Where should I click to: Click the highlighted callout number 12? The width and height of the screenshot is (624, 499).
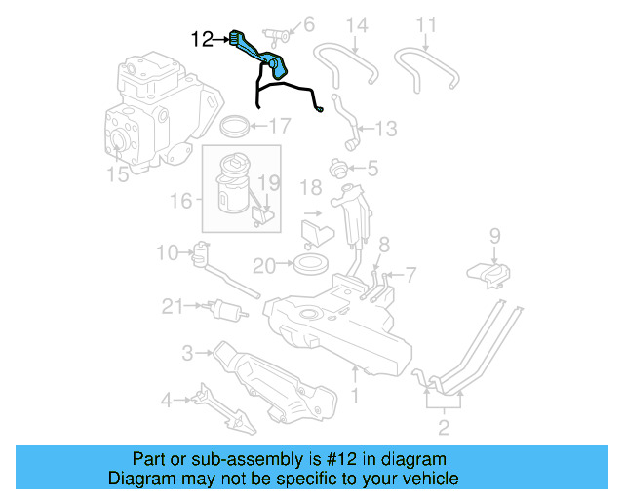tap(202, 39)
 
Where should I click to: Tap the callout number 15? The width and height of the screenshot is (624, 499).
tap(117, 174)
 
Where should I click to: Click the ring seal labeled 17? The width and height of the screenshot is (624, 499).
tap(234, 126)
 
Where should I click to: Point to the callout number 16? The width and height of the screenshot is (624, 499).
tap(179, 200)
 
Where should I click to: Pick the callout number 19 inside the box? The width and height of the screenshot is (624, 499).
tap(268, 182)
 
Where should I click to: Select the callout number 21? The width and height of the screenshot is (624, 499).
tap(173, 307)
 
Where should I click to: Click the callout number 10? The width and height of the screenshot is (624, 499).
tap(168, 253)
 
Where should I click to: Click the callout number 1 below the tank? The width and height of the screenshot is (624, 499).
tap(355, 396)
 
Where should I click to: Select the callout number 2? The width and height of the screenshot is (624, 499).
tap(444, 426)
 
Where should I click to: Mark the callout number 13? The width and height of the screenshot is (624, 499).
tap(386, 128)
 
